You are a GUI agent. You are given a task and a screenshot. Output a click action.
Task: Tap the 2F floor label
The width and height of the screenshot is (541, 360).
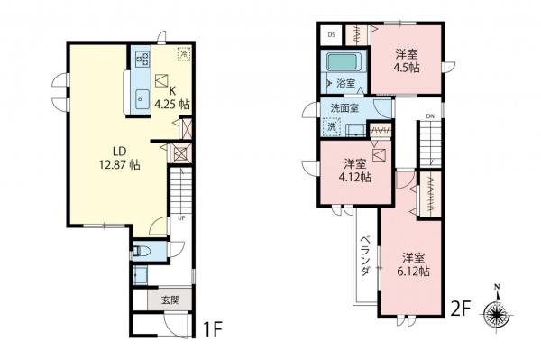click(x=460, y=309)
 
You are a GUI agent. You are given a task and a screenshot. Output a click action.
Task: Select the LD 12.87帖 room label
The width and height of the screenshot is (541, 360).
click(x=119, y=158)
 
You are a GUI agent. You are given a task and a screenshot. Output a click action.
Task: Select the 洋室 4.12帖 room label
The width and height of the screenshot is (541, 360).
click(x=354, y=171)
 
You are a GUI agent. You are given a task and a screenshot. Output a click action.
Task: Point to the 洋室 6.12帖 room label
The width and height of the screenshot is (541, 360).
click(x=415, y=263)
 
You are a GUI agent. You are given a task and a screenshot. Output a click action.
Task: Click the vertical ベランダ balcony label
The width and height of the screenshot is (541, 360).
click(x=366, y=255)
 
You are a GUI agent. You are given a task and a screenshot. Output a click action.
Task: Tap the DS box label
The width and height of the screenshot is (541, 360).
click(x=331, y=34)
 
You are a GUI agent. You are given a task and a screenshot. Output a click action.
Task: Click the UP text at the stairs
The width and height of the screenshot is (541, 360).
click(x=180, y=217)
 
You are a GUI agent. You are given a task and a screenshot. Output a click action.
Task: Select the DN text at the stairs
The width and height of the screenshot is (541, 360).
click(x=430, y=115)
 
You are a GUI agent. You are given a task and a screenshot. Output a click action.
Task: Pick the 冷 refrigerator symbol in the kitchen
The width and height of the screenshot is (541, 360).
click(x=183, y=54)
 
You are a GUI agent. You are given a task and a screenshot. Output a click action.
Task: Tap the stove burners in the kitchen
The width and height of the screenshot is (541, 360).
click(x=141, y=58)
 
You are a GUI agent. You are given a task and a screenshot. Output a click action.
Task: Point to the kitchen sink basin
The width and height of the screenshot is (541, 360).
click(x=141, y=99)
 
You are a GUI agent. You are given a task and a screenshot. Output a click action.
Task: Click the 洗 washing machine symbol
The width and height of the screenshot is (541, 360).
click(x=332, y=127)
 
